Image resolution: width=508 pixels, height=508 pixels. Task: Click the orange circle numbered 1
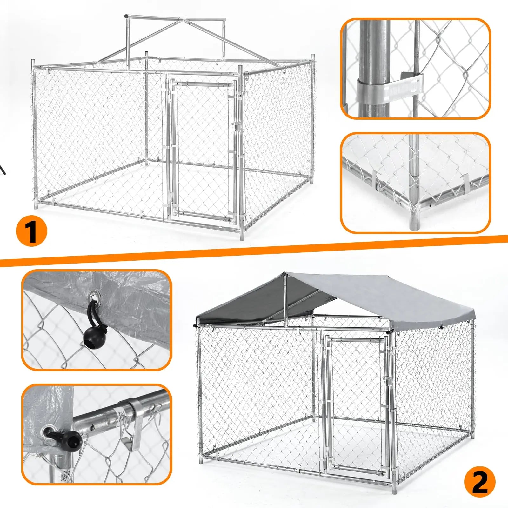[x=31, y=231]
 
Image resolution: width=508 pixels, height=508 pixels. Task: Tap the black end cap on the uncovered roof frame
[x=127, y=16]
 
